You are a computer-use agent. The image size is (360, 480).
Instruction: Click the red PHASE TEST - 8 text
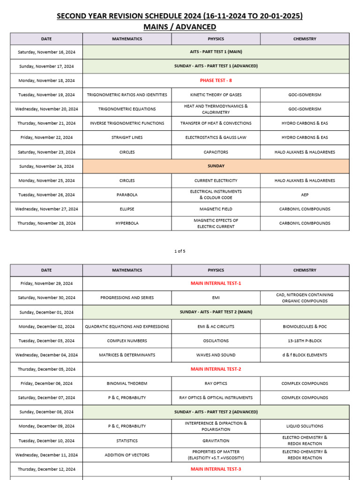pyautogui.click(x=216, y=81)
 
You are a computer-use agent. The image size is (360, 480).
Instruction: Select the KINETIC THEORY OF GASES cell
pyautogui.click(x=216, y=95)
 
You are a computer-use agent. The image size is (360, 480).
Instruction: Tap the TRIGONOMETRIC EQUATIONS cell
pyautogui.click(x=127, y=109)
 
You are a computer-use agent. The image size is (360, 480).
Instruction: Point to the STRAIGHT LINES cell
pyautogui.click(x=127, y=138)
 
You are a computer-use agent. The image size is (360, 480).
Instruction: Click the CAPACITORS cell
pyautogui.click(x=216, y=152)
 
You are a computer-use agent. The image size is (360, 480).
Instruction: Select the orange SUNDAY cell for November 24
pyautogui.click(x=216, y=166)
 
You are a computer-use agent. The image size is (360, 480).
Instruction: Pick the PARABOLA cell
pyautogui.click(x=127, y=195)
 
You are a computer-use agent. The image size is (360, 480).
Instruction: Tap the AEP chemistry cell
pyautogui.click(x=305, y=195)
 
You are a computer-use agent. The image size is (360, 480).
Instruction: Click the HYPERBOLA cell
pyautogui.click(x=127, y=224)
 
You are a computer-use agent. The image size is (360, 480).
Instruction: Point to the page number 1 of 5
pyautogui.click(x=180, y=251)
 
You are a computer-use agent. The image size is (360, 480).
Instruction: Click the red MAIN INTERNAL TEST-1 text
pyautogui.click(x=216, y=284)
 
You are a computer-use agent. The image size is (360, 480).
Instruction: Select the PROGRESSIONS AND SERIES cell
pyautogui.click(x=127, y=298)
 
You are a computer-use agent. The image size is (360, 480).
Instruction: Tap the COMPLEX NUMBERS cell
pyautogui.click(x=127, y=341)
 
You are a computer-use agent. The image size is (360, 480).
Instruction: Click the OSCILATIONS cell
pyautogui.click(x=216, y=341)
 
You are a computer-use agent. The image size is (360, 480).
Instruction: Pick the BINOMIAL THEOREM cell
pyautogui.click(x=127, y=383)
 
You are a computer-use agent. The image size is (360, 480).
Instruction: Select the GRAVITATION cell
pyautogui.click(x=216, y=441)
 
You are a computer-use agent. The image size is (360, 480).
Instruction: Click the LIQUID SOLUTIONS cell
pyautogui.click(x=305, y=426)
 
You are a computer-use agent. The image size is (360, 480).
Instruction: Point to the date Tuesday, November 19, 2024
pyautogui.click(x=46, y=95)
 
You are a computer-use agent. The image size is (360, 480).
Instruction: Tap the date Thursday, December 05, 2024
pyautogui.click(x=46, y=369)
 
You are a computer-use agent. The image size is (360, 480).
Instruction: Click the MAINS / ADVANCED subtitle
pyautogui.click(x=180, y=27)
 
